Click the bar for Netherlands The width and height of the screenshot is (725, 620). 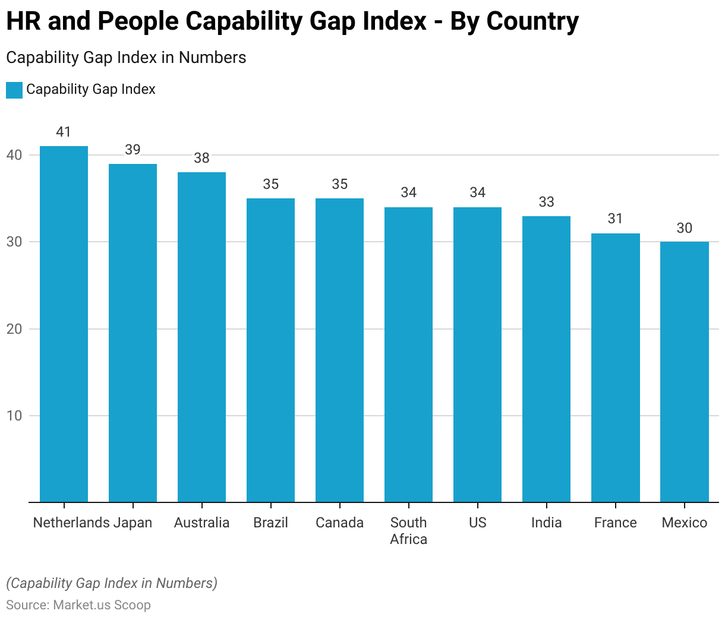(64, 324)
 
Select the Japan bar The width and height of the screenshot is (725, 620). (133, 333)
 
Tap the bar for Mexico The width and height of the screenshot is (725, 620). (685, 372)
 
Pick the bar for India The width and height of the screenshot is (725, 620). (546, 359)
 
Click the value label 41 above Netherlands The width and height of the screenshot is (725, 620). (64, 132)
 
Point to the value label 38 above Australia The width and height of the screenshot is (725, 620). (201, 158)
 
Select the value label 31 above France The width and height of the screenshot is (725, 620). (615, 219)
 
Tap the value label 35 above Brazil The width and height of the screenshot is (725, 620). (270, 184)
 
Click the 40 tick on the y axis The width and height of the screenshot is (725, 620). (14, 155)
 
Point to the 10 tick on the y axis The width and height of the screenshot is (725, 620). (14, 416)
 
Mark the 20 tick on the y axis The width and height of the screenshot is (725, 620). (14, 329)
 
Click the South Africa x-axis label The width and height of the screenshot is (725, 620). (408, 530)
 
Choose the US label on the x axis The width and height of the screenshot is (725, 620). (477, 523)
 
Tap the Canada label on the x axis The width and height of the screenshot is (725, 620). (339, 523)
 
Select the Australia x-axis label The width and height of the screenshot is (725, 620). (201, 523)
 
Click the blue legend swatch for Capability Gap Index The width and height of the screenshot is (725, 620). (14, 90)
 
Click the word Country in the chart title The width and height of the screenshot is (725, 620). (532, 21)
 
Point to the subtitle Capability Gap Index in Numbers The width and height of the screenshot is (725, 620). (126, 58)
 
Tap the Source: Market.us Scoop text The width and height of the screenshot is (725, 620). (78, 605)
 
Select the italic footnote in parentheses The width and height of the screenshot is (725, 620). (112, 583)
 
